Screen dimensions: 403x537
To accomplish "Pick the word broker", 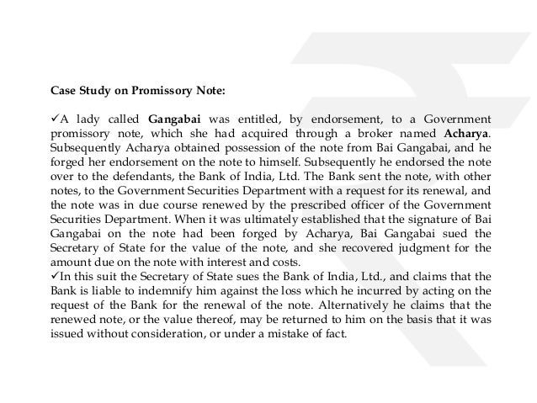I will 378,132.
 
